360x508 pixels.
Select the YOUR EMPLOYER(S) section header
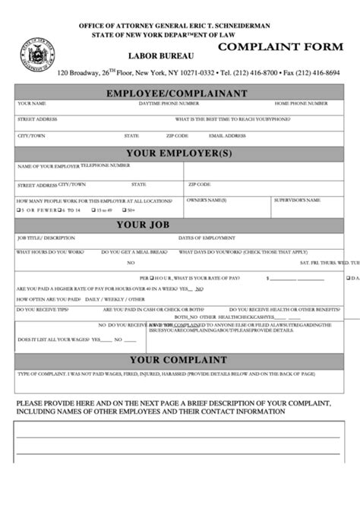(x=178, y=153)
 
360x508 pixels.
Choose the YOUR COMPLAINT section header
(x=178, y=360)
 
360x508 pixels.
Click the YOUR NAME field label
(x=32, y=103)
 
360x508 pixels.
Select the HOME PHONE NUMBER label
(x=301, y=103)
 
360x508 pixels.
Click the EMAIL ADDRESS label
(x=227, y=136)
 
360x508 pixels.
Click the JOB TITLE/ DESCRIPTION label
(x=46, y=238)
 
